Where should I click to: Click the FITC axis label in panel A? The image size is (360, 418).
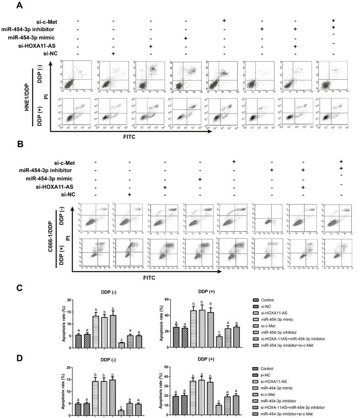coord(131,136)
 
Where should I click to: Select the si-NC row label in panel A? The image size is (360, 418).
coord(50,54)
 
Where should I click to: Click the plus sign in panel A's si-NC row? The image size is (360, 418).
coord(113,54)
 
